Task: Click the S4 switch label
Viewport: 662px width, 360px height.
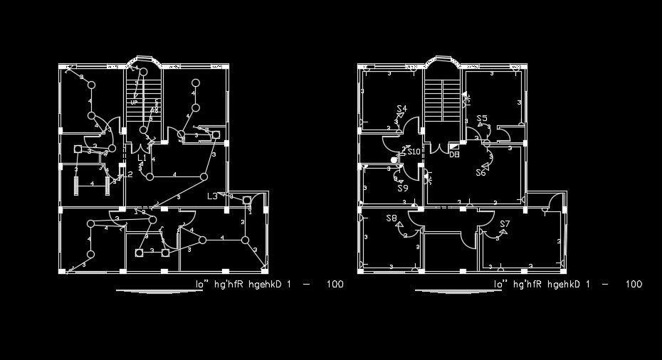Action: point(402,109)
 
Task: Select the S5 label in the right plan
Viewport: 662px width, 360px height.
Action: point(482,119)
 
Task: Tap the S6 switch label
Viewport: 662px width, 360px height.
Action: point(481,173)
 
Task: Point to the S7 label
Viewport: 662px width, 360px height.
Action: point(505,225)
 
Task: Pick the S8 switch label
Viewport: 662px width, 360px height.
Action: point(392,218)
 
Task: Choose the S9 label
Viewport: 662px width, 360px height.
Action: point(403,189)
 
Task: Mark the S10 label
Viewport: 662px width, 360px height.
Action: point(414,152)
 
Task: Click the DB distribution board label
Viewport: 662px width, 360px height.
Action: point(454,154)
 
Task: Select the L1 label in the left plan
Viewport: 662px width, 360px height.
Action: point(142,157)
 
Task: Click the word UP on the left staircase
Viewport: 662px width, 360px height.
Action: point(133,103)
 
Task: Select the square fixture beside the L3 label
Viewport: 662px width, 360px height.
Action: point(247,201)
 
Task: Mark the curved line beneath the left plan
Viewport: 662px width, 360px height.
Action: point(150,291)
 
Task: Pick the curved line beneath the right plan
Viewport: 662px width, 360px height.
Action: point(448,291)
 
